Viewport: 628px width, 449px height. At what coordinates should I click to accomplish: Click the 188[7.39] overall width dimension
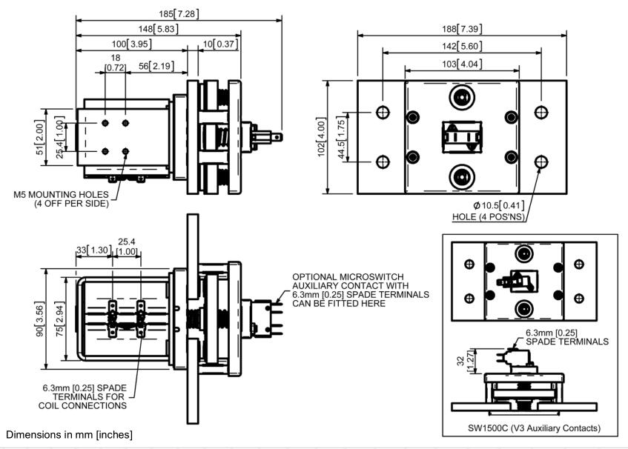click(461, 28)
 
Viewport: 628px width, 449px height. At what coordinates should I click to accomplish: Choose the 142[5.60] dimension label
click(461, 45)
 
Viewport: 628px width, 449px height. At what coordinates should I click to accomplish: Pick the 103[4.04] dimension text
click(461, 64)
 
